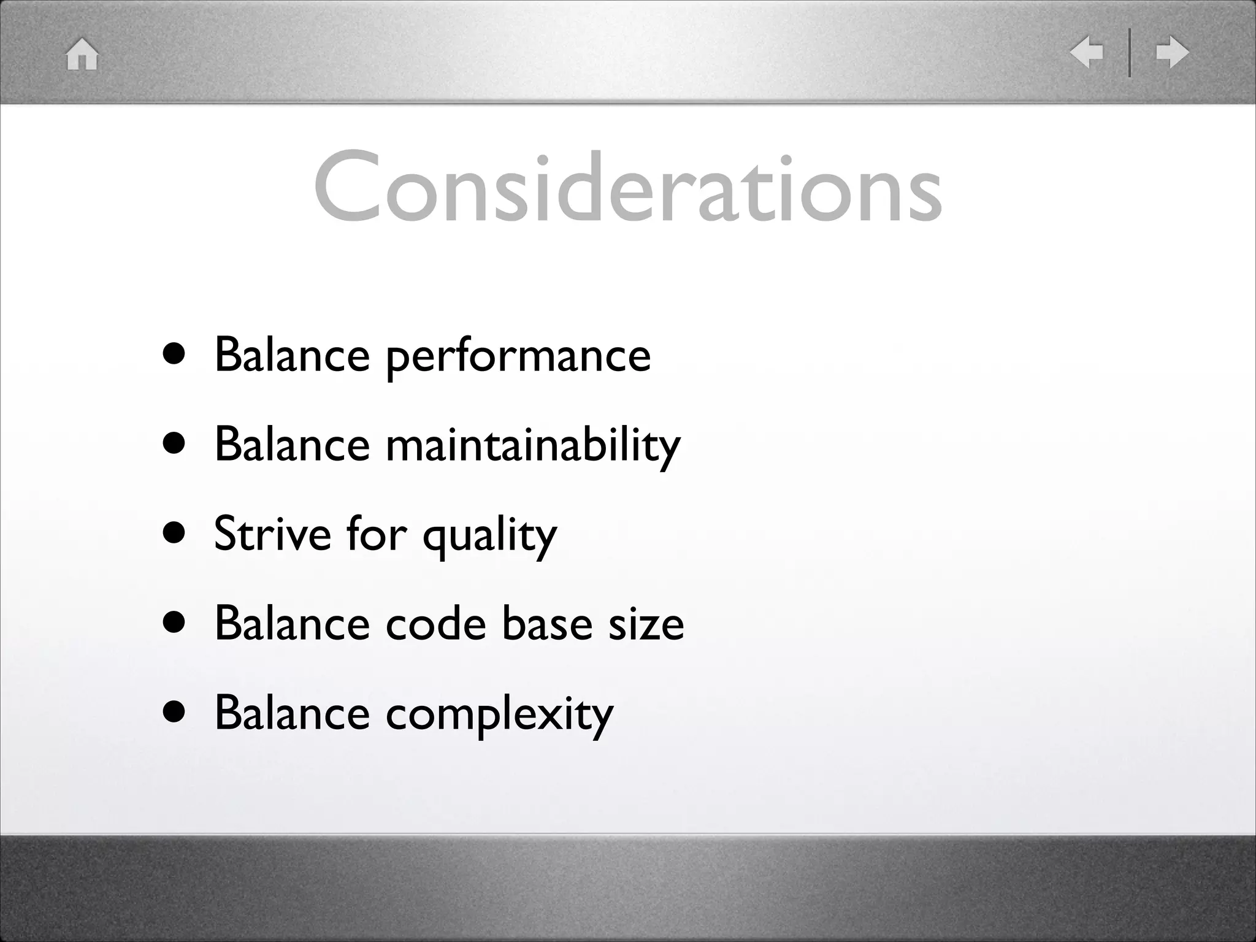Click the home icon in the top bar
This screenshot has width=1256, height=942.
[82, 54]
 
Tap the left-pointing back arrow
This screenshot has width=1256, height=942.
[1086, 52]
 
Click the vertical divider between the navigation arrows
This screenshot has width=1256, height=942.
[1129, 52]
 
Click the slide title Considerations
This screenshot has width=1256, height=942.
[627, 187]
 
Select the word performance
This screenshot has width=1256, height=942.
[518, 356]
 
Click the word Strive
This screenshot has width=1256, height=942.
[273, 534]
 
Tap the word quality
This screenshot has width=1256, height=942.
[489, 536]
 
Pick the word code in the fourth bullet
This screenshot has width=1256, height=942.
[435, 624]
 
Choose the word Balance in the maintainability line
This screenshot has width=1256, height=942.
[292, 445]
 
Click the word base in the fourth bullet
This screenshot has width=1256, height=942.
[547, 624]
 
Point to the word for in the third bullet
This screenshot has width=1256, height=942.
[376, 534]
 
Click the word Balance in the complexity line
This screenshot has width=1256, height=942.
[292, 713]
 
